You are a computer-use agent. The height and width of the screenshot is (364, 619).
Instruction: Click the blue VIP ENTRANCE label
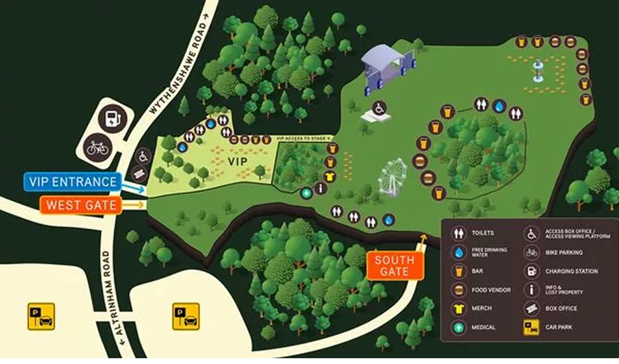click(73, 182)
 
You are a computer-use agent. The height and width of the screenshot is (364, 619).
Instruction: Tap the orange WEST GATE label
click(81, 205)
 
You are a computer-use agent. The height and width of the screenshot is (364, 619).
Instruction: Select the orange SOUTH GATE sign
click(395, 266)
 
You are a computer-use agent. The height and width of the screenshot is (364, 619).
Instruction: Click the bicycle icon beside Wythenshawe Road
click(97, 148)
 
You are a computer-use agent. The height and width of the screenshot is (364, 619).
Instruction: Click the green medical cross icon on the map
click(306, 193)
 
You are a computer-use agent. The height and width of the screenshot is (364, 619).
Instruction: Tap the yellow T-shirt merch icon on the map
click(329, 177)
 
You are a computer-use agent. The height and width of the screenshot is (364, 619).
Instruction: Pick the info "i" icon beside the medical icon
click(320, 189)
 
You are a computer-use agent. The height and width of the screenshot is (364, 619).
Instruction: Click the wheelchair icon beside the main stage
click(379, 108)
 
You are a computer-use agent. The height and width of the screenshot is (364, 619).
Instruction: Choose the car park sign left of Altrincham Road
click(41, 317)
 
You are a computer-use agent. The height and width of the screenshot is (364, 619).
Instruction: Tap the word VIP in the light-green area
click(238, 162)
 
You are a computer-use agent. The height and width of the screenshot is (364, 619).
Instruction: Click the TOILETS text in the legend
click(483, 233)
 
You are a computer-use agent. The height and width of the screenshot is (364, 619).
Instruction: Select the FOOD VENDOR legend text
click(491, 290)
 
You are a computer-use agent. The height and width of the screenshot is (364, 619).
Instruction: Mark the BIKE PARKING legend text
click(564, 253)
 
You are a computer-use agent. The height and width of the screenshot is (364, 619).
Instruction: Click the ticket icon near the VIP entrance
click(139, 174)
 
